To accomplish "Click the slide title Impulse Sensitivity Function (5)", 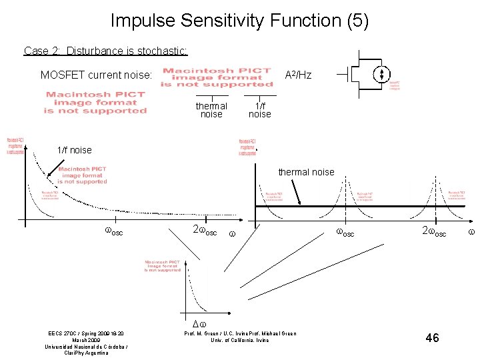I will (x=239, y=21).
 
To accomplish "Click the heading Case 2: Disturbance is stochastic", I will (x=105, y=51).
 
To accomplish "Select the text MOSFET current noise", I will (x=97, y=75).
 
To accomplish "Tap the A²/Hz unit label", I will (x=298, y=75).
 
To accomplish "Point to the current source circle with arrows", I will (x=382, y=75).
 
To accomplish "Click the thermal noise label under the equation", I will (x=211, y=110).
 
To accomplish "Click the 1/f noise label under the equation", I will (x=259, y=110).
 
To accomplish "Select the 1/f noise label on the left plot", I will (x=75, y=150).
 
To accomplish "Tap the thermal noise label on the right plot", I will (x=306, y=172).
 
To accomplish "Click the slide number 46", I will (x=432, y=339).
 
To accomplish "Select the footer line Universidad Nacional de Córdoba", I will (x=86, y=347).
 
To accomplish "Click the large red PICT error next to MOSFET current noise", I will (x=217, y=77).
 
